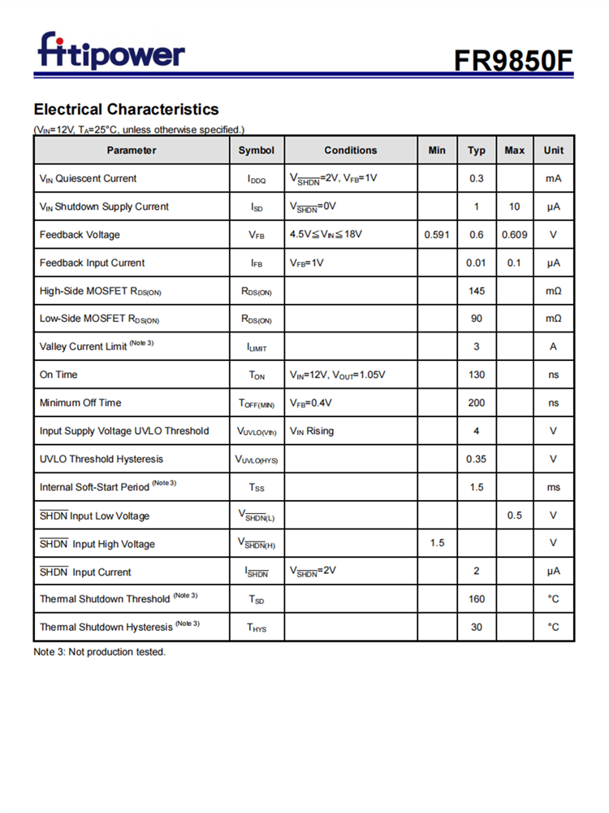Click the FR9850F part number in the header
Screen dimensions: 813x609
tap(513, 59)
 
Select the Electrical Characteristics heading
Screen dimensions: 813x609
tap(126, 109)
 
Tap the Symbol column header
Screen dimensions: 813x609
tap(257, 150)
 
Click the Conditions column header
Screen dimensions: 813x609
tap(351, 150)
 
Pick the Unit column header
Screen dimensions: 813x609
tap(553, 150)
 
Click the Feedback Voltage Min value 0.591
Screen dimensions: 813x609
tap(437, 235)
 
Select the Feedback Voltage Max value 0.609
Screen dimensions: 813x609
tap(514, 235)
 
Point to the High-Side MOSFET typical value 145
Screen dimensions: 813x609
tap(476, 291)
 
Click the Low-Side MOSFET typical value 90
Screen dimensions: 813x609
tap(476, 319)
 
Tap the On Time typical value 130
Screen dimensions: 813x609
tap(476, 375)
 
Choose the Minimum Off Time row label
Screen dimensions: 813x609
tap(80, 403)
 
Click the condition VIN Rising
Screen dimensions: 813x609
tap(312, 431)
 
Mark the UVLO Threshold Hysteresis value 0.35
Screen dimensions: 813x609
tap(476, 459)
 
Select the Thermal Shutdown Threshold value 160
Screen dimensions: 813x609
tap(476, 599)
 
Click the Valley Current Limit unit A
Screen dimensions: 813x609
tap(553, 347)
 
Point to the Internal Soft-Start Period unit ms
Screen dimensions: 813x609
tap(553, 487)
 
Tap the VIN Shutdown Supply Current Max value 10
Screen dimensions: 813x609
tap(514, 207)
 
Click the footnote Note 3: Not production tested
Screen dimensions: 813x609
tap(99, 652)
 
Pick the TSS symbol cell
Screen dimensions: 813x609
tap(257, 488)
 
